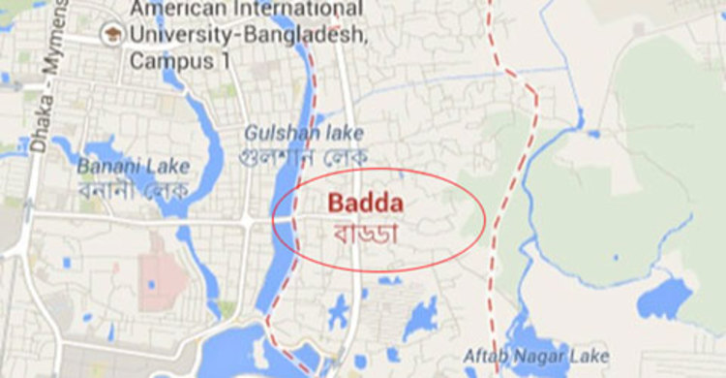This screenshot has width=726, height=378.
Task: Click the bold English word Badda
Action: [363, 204]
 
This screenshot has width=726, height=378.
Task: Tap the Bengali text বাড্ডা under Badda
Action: [366, 234]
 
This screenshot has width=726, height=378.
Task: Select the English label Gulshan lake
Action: [290, 132]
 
